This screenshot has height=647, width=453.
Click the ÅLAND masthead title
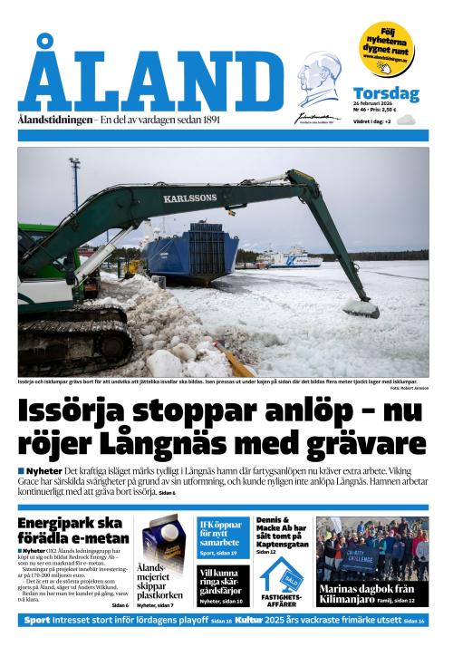[x=149, y=77]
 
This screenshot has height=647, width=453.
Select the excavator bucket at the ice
[x=361, y=308]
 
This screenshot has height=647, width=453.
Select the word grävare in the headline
[x=357, y=445]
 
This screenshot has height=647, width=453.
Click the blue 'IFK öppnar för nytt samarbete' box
[x=222, y=537]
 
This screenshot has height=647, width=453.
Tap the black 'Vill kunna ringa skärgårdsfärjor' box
[x=222, y=585]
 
